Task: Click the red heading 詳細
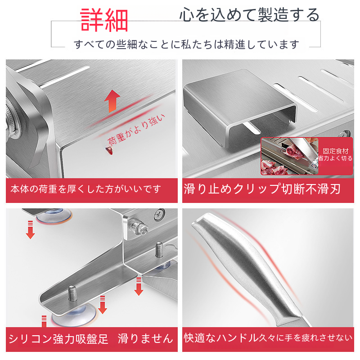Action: (x=104, y=20)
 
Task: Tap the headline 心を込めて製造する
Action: (x=249, y=15)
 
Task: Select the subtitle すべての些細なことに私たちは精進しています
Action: (x=186, y=44)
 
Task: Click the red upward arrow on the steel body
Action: (x=112, y=101)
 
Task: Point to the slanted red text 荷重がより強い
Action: (x=136, y=130)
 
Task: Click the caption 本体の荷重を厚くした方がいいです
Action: (x=85, y=189)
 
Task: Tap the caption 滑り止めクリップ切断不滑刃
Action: (x=262, y=189)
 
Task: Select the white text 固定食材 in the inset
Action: (x=335, y=151)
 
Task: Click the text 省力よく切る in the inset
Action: (x=335, y=158)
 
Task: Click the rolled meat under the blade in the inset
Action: (x=292, y=152)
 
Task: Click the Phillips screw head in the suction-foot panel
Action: (x=160, y=214)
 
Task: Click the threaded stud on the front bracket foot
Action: (x=72, y=293)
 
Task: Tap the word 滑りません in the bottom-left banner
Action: (x=145, y=339)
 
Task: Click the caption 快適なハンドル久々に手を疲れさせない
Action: (x=268, y=338)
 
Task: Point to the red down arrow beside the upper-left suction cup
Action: (x=30, y=229)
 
